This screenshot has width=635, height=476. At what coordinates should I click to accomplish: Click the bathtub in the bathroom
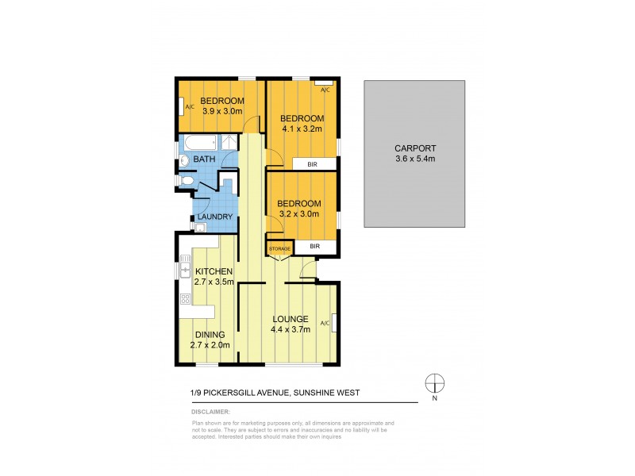[200, 144]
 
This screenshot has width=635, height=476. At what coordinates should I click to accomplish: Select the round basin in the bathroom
[184, 159]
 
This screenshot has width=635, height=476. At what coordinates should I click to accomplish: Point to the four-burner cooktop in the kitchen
[185, 299]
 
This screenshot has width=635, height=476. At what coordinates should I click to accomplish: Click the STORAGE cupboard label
[279, 248]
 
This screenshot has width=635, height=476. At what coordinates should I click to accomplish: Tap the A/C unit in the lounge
[333, 323]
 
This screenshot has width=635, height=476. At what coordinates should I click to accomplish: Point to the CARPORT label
[415, 148]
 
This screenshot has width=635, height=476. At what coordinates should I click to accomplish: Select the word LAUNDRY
[215, 217]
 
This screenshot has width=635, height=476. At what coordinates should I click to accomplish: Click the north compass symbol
[434, 382]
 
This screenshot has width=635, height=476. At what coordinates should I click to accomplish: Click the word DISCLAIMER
[210, 413]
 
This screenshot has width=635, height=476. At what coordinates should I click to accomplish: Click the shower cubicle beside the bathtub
[228, 143]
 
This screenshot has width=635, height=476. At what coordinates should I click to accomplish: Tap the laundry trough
[200, 228]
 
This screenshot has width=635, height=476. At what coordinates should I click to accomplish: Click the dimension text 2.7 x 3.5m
[214, 282]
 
